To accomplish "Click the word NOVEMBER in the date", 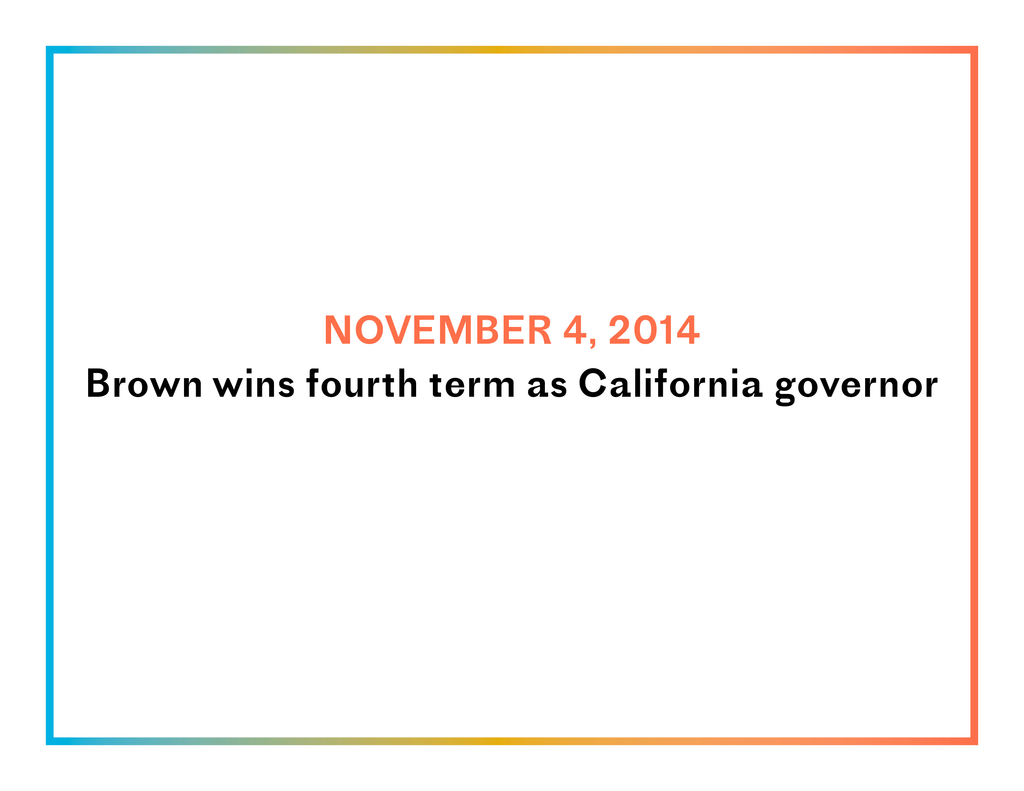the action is coord(438,330).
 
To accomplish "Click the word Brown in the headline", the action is coord(144,383).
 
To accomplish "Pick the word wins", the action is coord(254,383).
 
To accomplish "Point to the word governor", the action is coord(856,387).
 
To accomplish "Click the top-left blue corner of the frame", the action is coord(50,50).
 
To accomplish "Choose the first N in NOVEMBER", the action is coord(338,330).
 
